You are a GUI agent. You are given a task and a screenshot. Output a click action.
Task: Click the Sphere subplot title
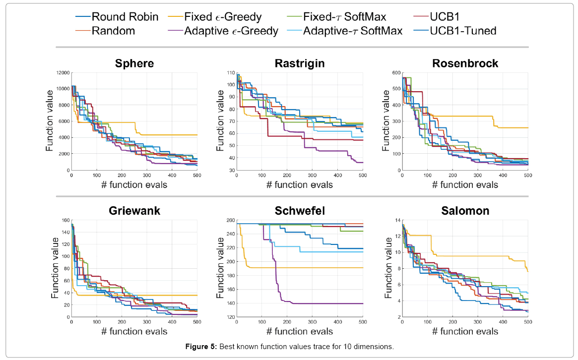click(134, 63)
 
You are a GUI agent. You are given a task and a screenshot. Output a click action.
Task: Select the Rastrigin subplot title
click(299, 63)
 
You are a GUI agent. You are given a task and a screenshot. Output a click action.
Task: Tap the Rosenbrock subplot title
click(465, 63)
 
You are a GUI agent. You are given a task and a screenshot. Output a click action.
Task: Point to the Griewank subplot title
click(134, 211)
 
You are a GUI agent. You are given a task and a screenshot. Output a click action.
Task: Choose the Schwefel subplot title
click(299, 211)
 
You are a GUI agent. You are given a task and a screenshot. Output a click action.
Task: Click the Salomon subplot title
click(465, 211)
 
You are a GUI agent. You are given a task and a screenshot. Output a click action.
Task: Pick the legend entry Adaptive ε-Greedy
click(231, 31)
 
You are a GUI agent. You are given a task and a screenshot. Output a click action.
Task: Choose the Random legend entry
click(114, 31)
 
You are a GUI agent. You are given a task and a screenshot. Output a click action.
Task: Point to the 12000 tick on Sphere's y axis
click(63, 73)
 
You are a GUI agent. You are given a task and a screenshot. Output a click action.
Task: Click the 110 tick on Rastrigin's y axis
click(230, 73)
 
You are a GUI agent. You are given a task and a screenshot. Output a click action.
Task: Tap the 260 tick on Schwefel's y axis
click(230, 220)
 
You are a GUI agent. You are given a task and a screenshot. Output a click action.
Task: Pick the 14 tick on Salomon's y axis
click(397, 220)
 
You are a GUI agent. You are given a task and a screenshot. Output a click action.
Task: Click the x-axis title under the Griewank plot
click(134, 332)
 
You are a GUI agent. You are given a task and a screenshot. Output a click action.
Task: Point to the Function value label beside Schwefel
click(220, 269)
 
